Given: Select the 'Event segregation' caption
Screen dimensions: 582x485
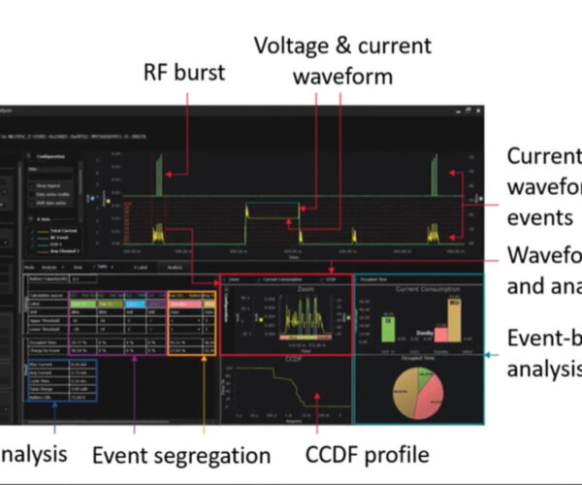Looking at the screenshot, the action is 181,454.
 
